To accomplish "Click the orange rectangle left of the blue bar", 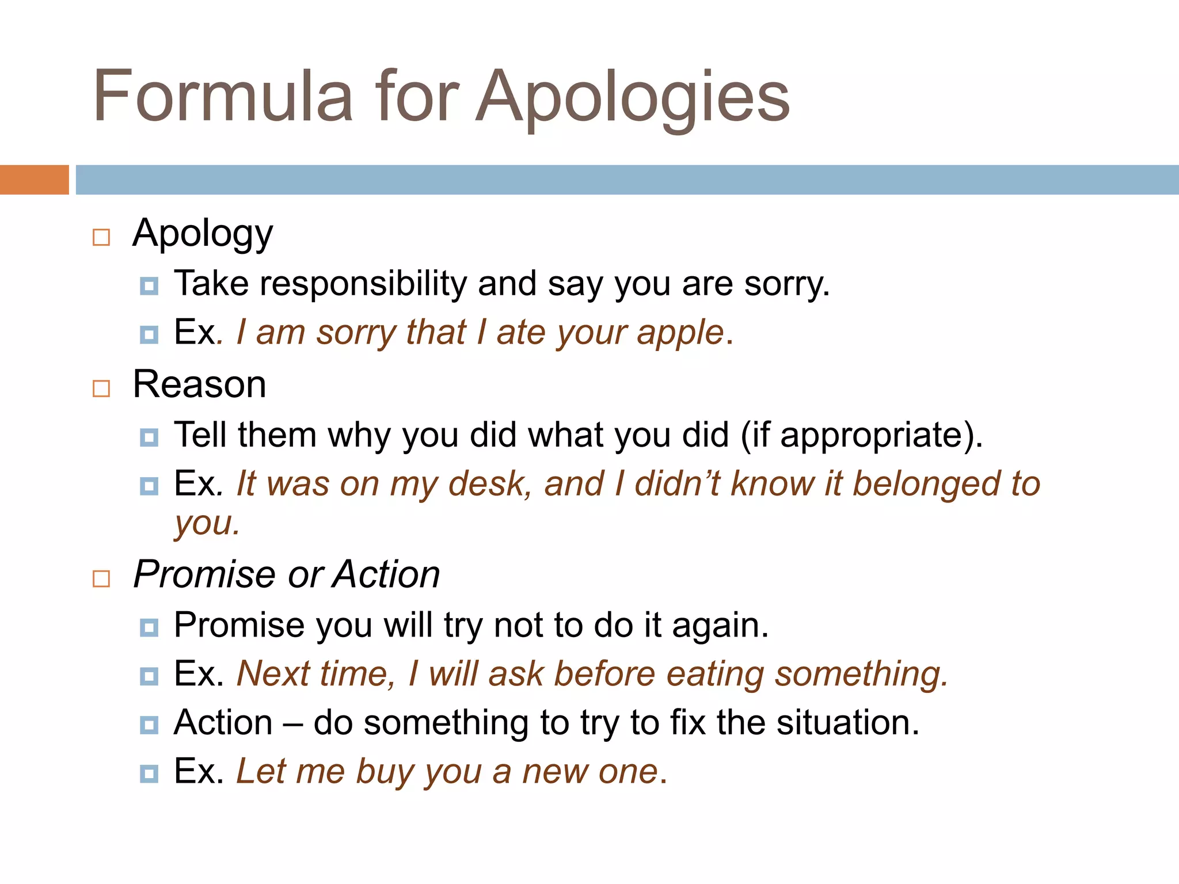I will (x=34, y=180).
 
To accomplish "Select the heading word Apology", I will (x=203, y=234).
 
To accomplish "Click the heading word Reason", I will (x=199, y=384).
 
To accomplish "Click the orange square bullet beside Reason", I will (x=101, y=388).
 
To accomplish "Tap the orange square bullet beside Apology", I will (x=101, y=237).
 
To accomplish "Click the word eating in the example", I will (x=714, y=675).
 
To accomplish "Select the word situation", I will (x=847, y=723).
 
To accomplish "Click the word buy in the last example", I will (x=385, y=772).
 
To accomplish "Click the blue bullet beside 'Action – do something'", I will (x=149, y=725).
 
